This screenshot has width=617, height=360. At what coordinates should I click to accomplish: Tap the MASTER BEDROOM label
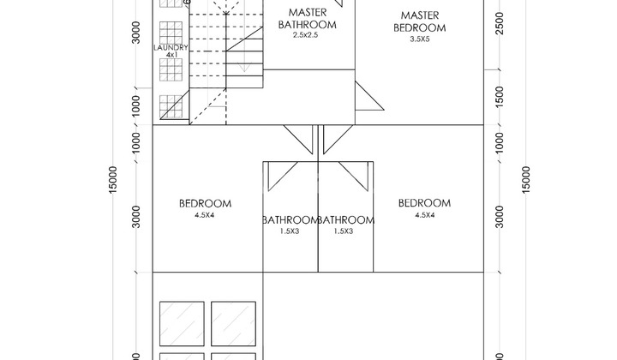pyautogui.click(x=420, y=21)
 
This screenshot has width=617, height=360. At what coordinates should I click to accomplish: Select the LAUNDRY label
pyautogui.click(x=171, y=47)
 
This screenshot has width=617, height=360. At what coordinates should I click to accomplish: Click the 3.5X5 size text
pyautogui.click(x=420, y=39)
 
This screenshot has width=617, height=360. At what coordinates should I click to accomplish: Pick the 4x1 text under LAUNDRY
pyautogui.click(x=171, y=56)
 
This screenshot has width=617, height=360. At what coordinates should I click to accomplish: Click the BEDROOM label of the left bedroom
pyautogui.click(x=206, y=204)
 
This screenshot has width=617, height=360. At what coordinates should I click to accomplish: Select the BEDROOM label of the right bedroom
pyautogui.click(x=425, y=203)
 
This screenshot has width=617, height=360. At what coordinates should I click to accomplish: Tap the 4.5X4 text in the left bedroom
pyautogui.click(x=206, y=216)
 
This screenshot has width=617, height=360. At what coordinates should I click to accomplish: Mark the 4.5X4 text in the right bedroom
pyautogui.click(x=425, y=215)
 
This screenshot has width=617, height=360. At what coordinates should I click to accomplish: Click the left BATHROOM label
pyautogui.click(x=291, y=220)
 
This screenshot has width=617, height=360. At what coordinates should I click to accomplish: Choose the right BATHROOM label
pyautogui.click(x=346, y=220)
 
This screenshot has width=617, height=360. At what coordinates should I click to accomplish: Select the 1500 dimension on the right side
pyautogui.click(x=500, y=92)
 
